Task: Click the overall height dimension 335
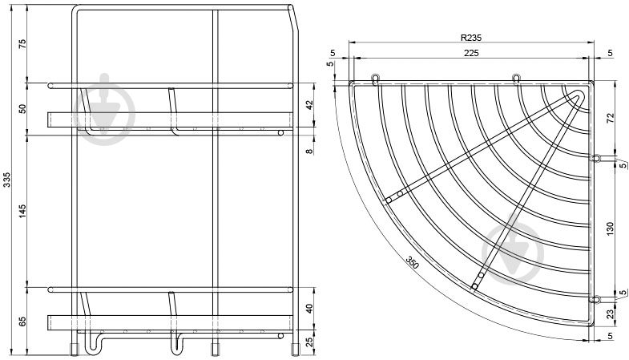pyautogui.click(x=6, y=180)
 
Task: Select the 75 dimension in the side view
pyautogui.click(x=22, y=44)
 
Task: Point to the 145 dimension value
pyautogui.click(x=22, y=211)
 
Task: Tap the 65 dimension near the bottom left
pyautogui.click(x=22, y=322)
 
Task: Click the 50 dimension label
pyautogui.click(x=22, y=109)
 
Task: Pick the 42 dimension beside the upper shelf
pyautogui.click(x=309, y=105)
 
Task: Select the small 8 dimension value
pyautogui.click(x=309, y=152)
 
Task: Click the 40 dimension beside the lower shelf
pyautogui.click(x=309, y=309)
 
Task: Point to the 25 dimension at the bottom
pyautogui.click(x=309, y=342)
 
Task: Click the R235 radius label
pyautogui.click(x=471, y=38)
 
